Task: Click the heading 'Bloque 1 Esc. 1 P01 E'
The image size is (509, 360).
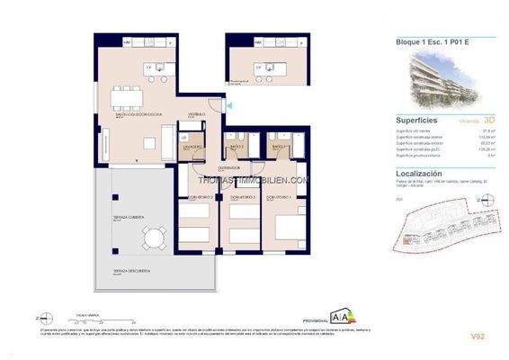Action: pos(433,41)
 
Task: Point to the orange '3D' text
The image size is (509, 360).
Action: pos(490,119)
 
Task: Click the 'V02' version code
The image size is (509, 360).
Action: pos(487,337)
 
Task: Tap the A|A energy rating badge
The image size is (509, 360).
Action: pos(346,319)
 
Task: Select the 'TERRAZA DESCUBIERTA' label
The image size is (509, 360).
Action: pos(130,271)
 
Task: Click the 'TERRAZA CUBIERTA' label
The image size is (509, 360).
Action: pos(127,216)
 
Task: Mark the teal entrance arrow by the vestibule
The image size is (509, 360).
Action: pos(228,105)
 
